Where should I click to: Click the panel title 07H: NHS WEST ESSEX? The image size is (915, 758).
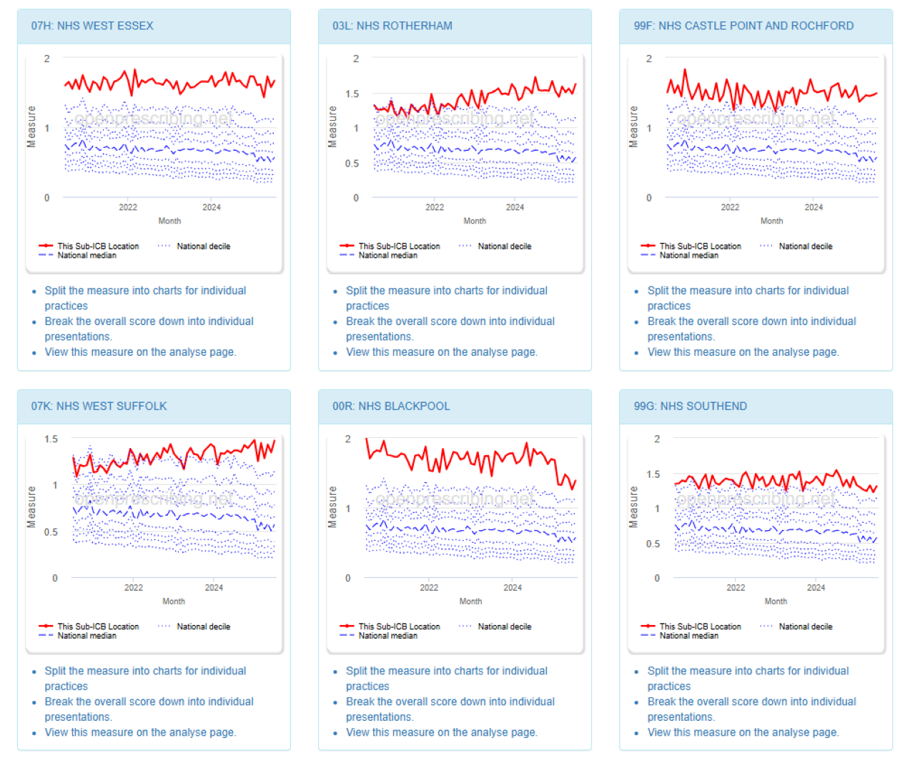92,26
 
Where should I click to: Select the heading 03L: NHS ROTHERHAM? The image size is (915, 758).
392,26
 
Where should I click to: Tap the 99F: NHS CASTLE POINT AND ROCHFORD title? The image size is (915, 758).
743,26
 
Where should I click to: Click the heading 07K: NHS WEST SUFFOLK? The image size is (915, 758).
99,406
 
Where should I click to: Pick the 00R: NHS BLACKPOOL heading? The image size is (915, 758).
391,406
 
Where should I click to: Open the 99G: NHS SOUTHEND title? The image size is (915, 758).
690,406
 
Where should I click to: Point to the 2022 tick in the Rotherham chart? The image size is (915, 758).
435,207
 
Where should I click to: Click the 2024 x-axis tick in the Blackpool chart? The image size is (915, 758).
513,587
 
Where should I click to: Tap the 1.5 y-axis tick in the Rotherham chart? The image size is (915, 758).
352,94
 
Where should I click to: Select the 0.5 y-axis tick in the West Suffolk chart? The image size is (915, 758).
51,532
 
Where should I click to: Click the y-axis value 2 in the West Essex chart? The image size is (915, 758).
47,59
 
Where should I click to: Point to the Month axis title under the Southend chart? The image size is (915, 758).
776,602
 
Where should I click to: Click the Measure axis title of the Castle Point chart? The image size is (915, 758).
633,126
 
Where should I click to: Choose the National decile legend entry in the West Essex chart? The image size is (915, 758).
203,246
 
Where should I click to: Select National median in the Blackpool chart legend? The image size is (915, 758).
387,636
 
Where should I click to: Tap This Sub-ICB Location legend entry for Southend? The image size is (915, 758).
700,627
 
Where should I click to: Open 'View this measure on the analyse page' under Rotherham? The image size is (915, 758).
441,352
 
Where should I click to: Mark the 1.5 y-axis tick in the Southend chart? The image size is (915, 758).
653,474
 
